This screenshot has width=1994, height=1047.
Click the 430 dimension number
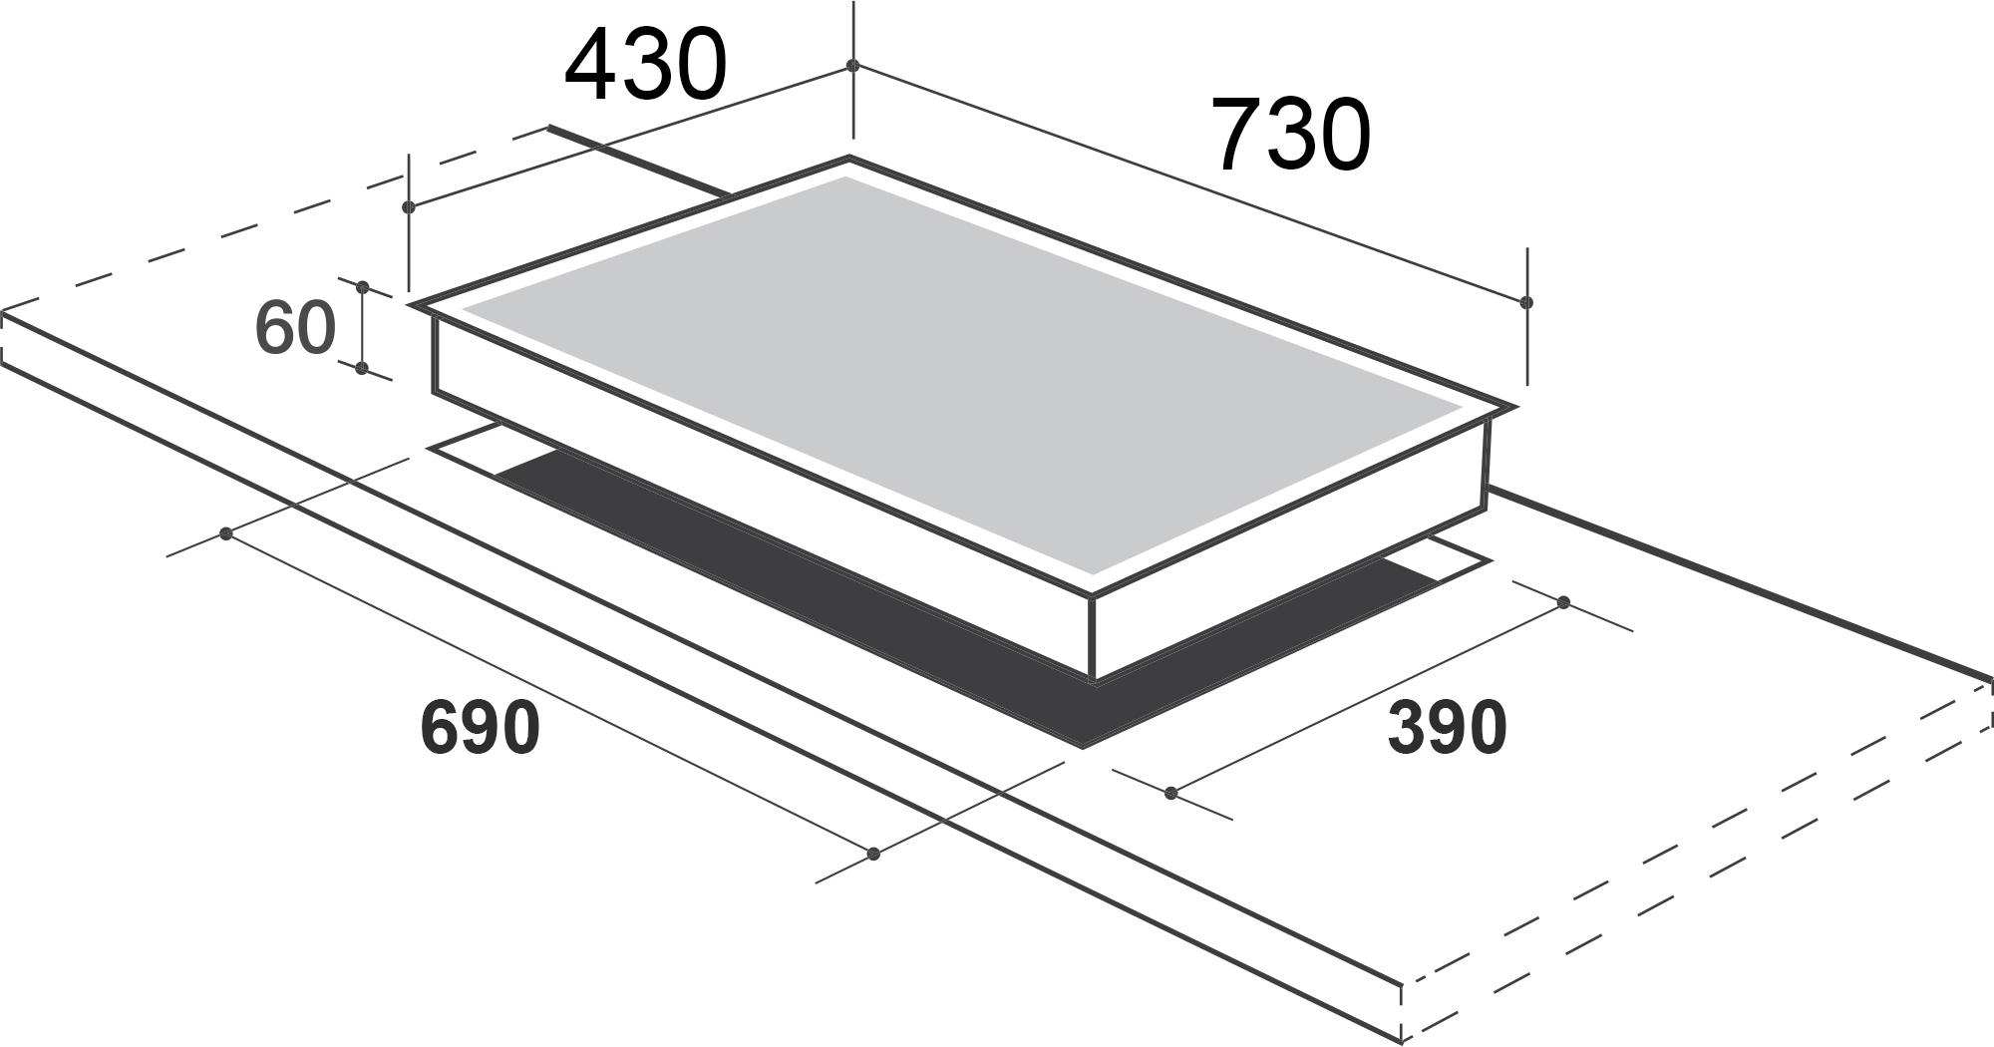(645, 65)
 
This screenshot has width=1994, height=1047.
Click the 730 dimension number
(1290, 134)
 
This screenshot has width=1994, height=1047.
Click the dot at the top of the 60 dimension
(363, 287)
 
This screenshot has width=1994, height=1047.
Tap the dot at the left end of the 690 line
(226, 533)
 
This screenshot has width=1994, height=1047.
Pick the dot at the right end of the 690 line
(874, 854)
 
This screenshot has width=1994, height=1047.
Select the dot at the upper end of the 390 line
(1563, 602)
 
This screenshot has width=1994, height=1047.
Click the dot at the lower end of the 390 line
(1171, 794)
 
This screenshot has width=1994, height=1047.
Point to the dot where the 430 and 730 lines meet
(852, 66)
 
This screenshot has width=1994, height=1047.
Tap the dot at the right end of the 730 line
(1526, 302)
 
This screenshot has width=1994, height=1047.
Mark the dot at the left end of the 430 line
(409, 207)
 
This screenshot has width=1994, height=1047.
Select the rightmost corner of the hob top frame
(1514, 407)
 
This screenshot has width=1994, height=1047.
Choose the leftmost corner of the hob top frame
(410, 304)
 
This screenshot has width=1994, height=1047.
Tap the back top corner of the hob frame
(848, 158)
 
